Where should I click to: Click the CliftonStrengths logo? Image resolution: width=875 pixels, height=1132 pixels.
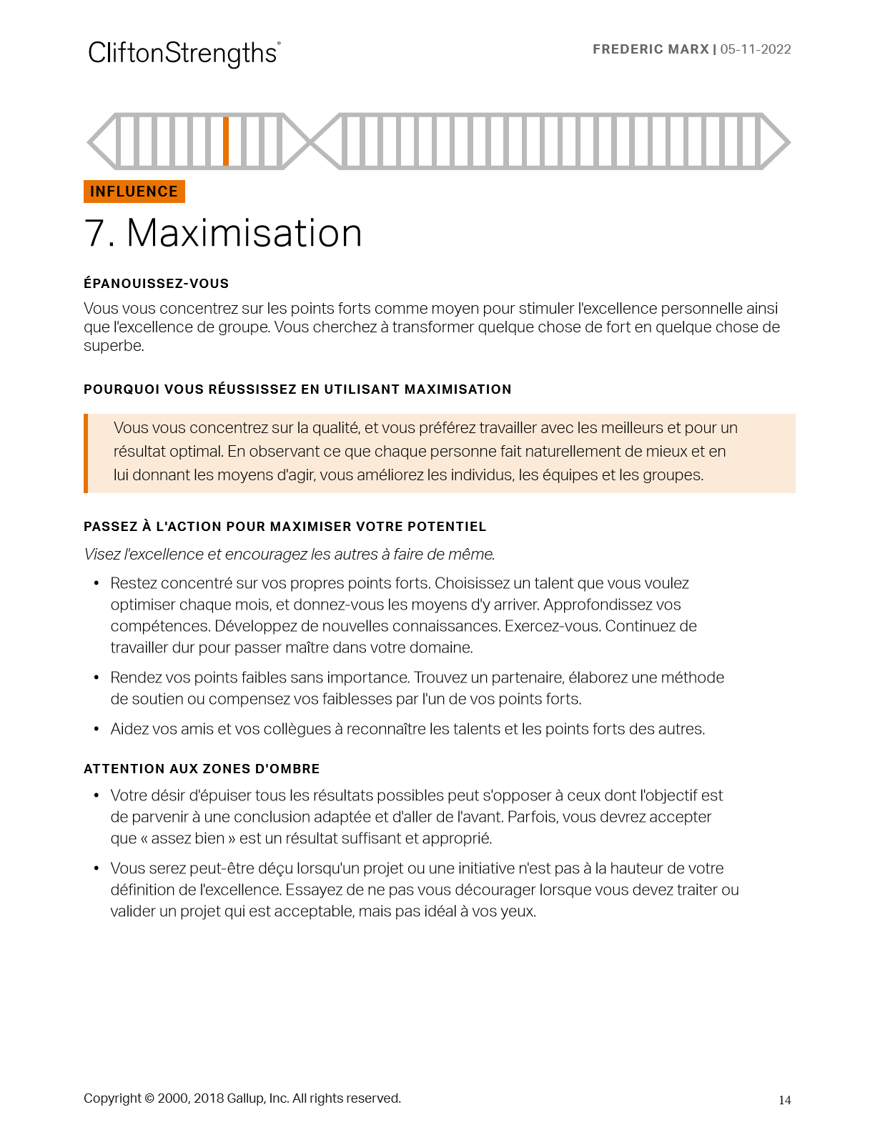click(184, 54)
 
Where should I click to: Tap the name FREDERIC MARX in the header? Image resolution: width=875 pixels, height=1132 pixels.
click(651, 49)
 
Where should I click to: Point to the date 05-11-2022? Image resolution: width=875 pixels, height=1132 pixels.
click(756, 49)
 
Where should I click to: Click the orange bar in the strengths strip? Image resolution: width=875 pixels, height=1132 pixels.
click(226, 141)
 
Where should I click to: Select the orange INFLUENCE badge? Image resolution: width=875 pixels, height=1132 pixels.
click(134, 192)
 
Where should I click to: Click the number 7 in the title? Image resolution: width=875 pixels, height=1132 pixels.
click(97, 234)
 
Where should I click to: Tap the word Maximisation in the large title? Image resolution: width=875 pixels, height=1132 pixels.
click(244, 234)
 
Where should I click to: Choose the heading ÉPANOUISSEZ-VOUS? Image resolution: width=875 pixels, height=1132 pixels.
click(156, 284)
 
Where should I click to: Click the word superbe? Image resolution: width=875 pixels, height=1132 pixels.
click(113, 346)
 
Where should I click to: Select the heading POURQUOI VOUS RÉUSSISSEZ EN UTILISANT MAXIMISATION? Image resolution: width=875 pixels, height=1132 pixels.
click(297, 389)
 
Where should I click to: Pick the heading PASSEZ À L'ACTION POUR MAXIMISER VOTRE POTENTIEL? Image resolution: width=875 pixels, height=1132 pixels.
click(285, 527)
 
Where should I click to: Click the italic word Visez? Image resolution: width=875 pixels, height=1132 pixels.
click(102, 555)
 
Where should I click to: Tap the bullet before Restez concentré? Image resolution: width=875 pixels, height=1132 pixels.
click(97, 584)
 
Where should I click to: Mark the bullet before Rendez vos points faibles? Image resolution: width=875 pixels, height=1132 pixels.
click(97, 677)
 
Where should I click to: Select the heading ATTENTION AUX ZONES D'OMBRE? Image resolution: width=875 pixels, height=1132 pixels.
click(202, 769)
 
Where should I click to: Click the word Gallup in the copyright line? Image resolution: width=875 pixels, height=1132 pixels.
click(245, 1098)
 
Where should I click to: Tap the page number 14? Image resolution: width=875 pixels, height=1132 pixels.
click(785, 1101)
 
